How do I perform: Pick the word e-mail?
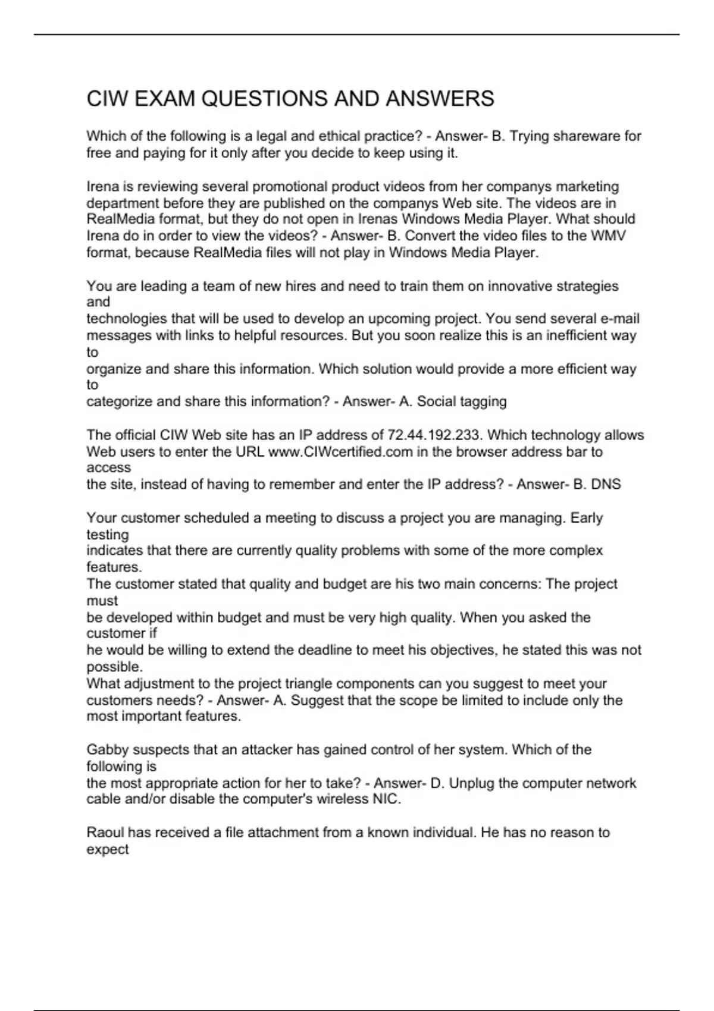pyautogui.click(x=620, y=319)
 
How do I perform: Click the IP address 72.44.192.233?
pyautogui.click(x=434, y=435)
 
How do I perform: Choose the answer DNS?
pyautogui.click(x=606, y=484)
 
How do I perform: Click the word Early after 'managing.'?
pyautogui.click(x=587, y=518)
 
